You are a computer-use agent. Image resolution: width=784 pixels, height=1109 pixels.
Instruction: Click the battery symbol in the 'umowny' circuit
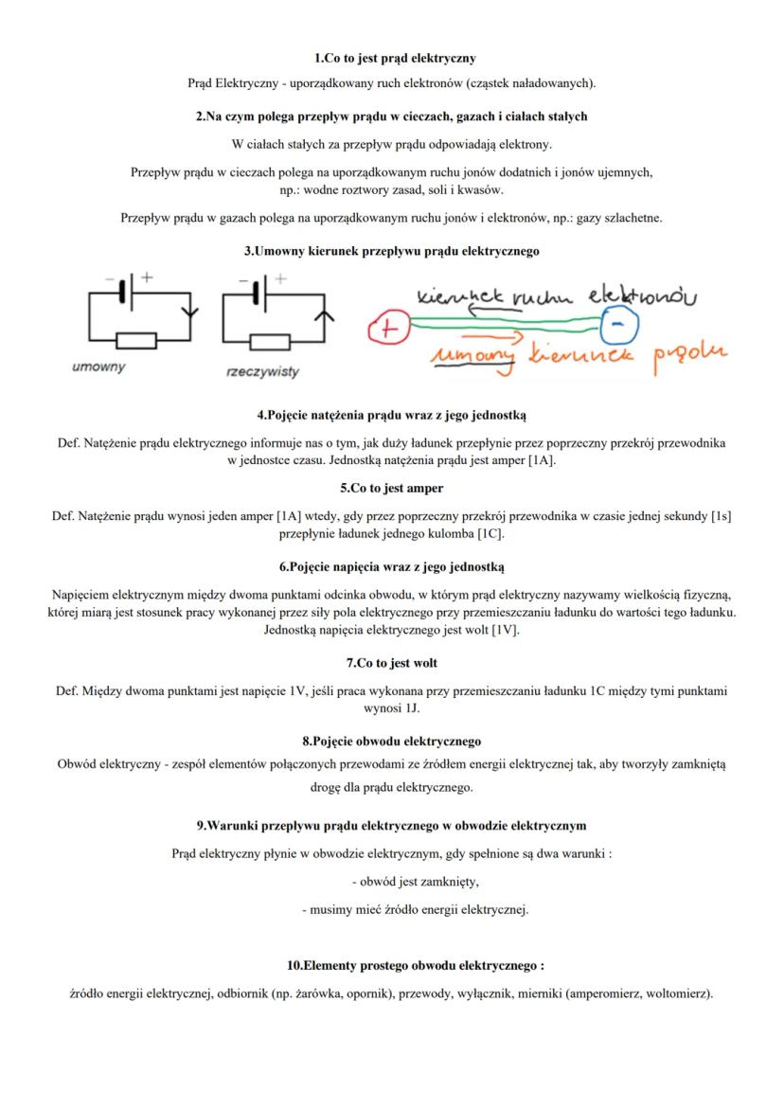click(x=127, y=285)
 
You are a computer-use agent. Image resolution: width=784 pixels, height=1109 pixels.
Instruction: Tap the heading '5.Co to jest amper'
click(x=392, y=489)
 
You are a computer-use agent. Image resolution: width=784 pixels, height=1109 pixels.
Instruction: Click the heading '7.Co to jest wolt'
click(x=392, y=663)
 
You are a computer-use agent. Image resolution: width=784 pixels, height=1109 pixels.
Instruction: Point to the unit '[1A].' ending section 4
click(x=543, y=460)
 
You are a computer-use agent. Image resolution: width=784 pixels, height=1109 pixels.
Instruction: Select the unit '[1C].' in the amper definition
click(x=490, y=534)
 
